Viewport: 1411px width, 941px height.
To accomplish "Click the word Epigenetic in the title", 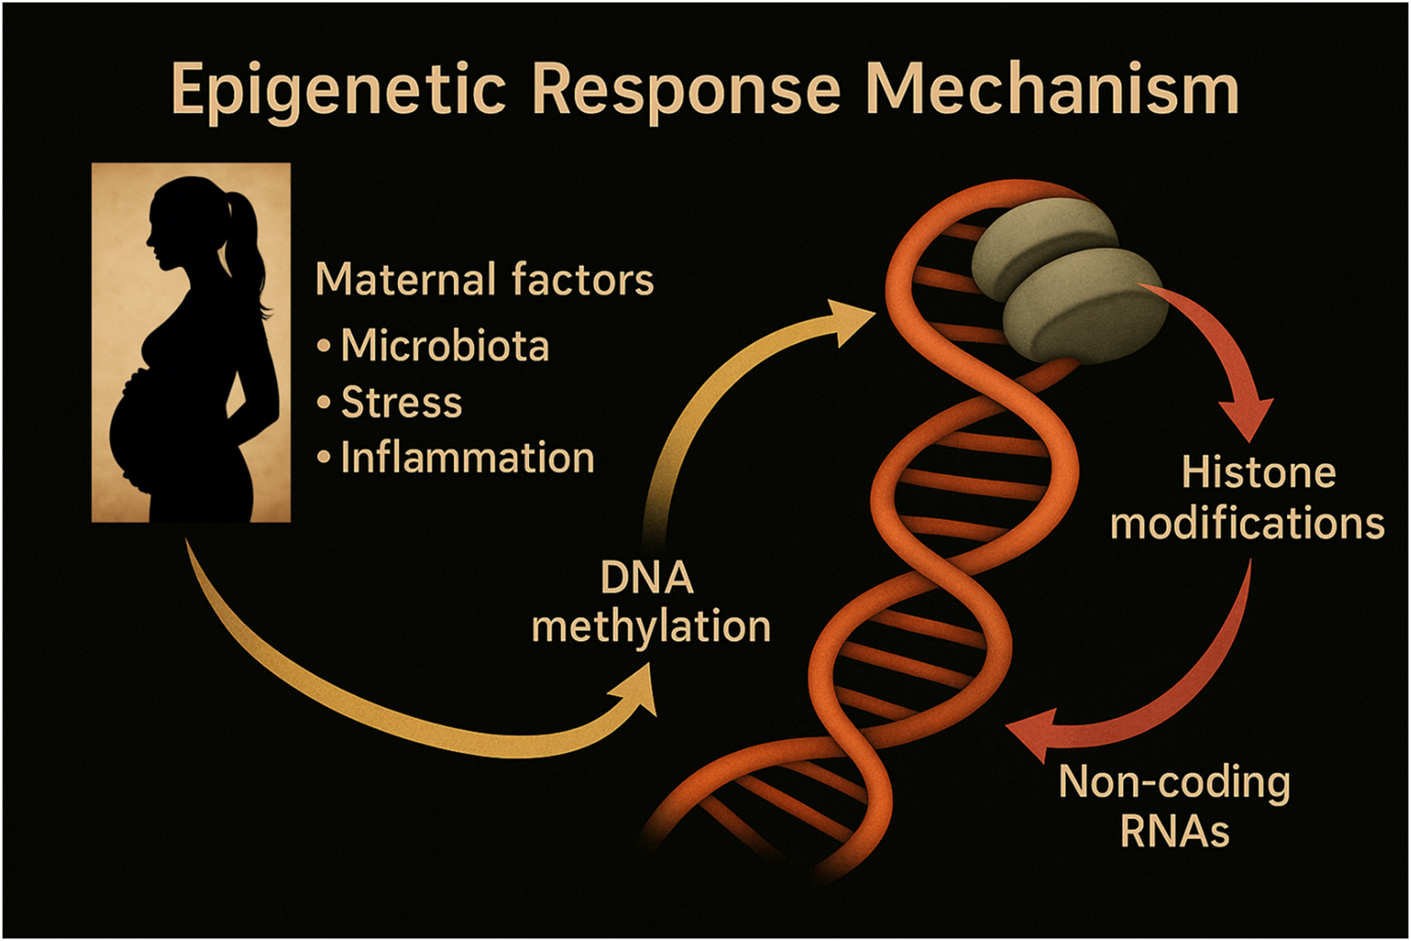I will [x=339, y=90].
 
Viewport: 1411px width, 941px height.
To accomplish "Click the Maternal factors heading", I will [x=484, y=280].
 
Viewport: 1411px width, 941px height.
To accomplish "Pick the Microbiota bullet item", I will [x=444, y=346].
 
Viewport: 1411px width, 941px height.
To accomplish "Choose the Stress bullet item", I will [x=401, y=402].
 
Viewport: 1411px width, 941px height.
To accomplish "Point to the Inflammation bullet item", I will [x=467, y=458].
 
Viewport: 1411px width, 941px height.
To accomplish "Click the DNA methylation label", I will [x=651, y=603].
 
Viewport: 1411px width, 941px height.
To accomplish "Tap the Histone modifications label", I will [x=1247, y=498].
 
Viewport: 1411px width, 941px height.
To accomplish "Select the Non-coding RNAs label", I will [x=1174, y=806].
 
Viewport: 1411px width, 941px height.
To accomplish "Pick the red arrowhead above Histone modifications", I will [x=1247, y=417].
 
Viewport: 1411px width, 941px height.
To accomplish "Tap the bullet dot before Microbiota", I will [x=323, y=347].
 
